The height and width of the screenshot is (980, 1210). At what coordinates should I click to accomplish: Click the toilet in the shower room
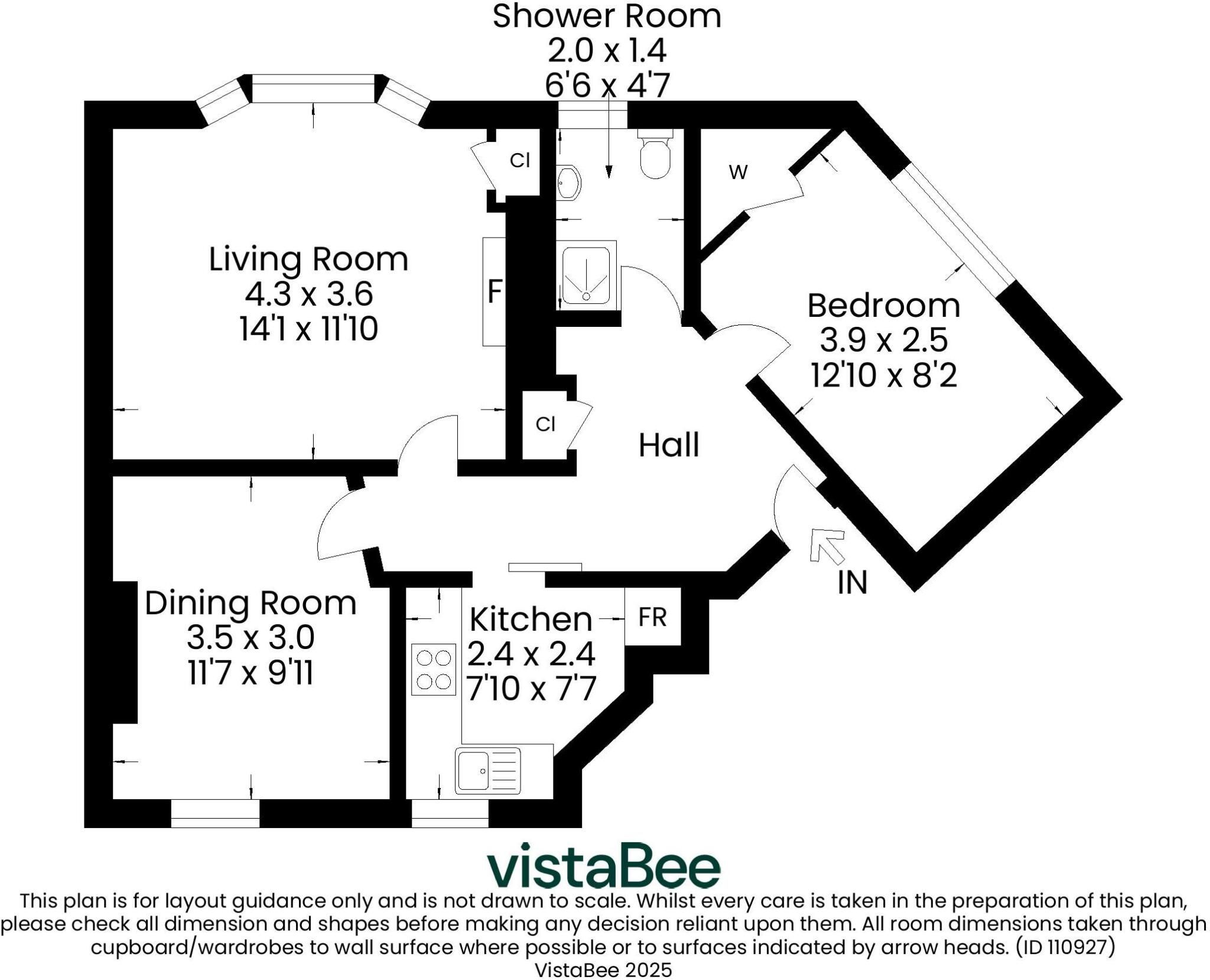tap(655, 152)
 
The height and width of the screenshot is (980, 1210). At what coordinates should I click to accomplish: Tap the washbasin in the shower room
tap(568, 183)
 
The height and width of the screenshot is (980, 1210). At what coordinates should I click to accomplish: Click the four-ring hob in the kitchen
tap(434, 669)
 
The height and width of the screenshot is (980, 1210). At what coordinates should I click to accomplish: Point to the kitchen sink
tap(488, 771)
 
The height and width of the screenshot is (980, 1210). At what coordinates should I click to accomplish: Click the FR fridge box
tap(652, 616)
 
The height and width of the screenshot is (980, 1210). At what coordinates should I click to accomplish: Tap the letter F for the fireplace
tap(495, 291)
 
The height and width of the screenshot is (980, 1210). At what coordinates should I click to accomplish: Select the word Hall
tap(669, 445)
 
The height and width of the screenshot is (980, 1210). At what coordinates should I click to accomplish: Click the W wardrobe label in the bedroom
tap(739, 172)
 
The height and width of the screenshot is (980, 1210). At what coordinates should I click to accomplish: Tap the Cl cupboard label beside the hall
tap(545, 424)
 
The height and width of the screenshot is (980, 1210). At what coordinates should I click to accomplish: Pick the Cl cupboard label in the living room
tap(520, 160)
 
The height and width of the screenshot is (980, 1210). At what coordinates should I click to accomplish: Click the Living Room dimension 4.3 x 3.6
tap(309, 294)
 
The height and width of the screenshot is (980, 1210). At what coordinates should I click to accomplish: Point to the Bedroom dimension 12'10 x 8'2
tap(883, 375)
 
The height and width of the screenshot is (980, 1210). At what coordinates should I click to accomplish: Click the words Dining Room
tap(251, 603)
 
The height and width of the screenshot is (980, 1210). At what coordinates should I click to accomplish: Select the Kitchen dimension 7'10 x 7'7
tap(531, 689)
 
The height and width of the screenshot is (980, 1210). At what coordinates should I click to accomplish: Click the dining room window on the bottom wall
tap(215, 813)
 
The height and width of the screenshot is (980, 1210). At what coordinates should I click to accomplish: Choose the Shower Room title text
tap(607, 16)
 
